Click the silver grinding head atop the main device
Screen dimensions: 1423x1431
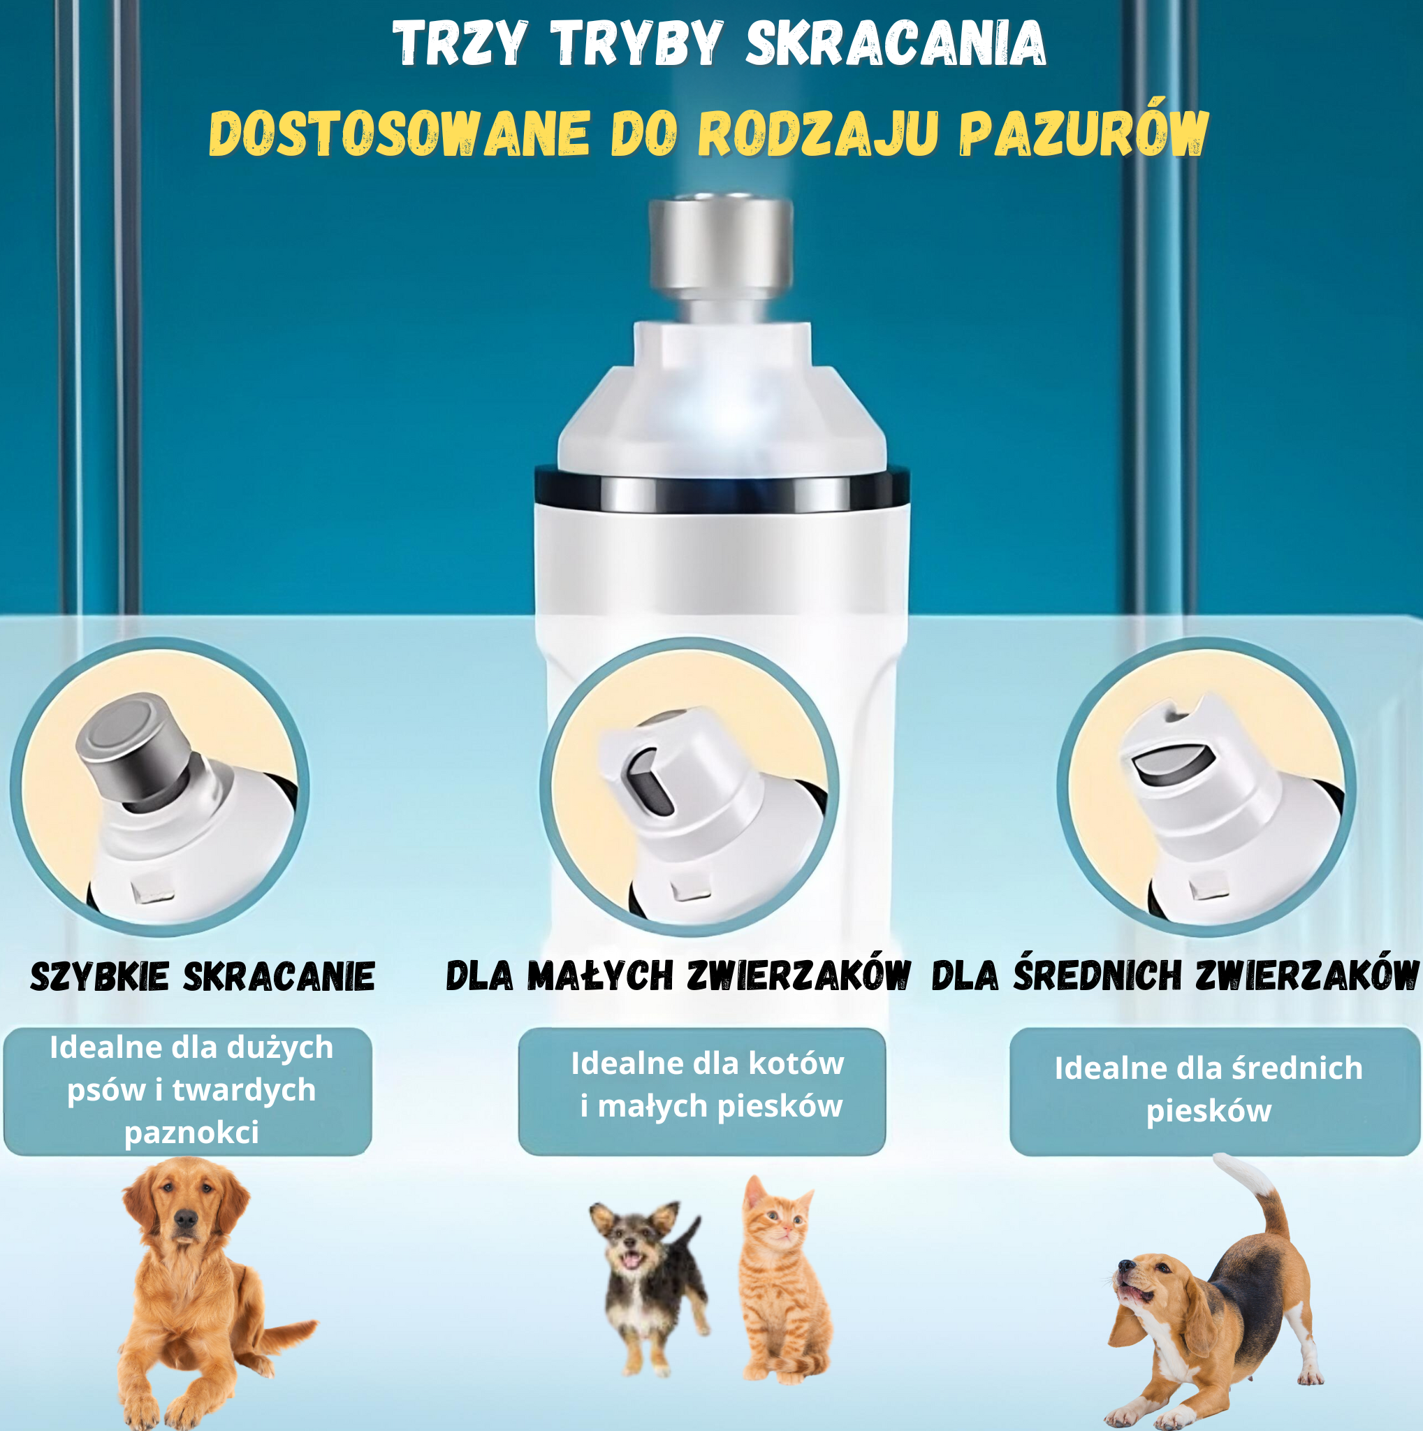pos(720,245)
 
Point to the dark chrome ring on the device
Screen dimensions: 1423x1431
pos(722,492)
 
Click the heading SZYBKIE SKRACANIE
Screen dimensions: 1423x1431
pos(202,976)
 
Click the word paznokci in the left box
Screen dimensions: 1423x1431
pos(191,1133)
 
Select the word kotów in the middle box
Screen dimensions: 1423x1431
pos(796,1063)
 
